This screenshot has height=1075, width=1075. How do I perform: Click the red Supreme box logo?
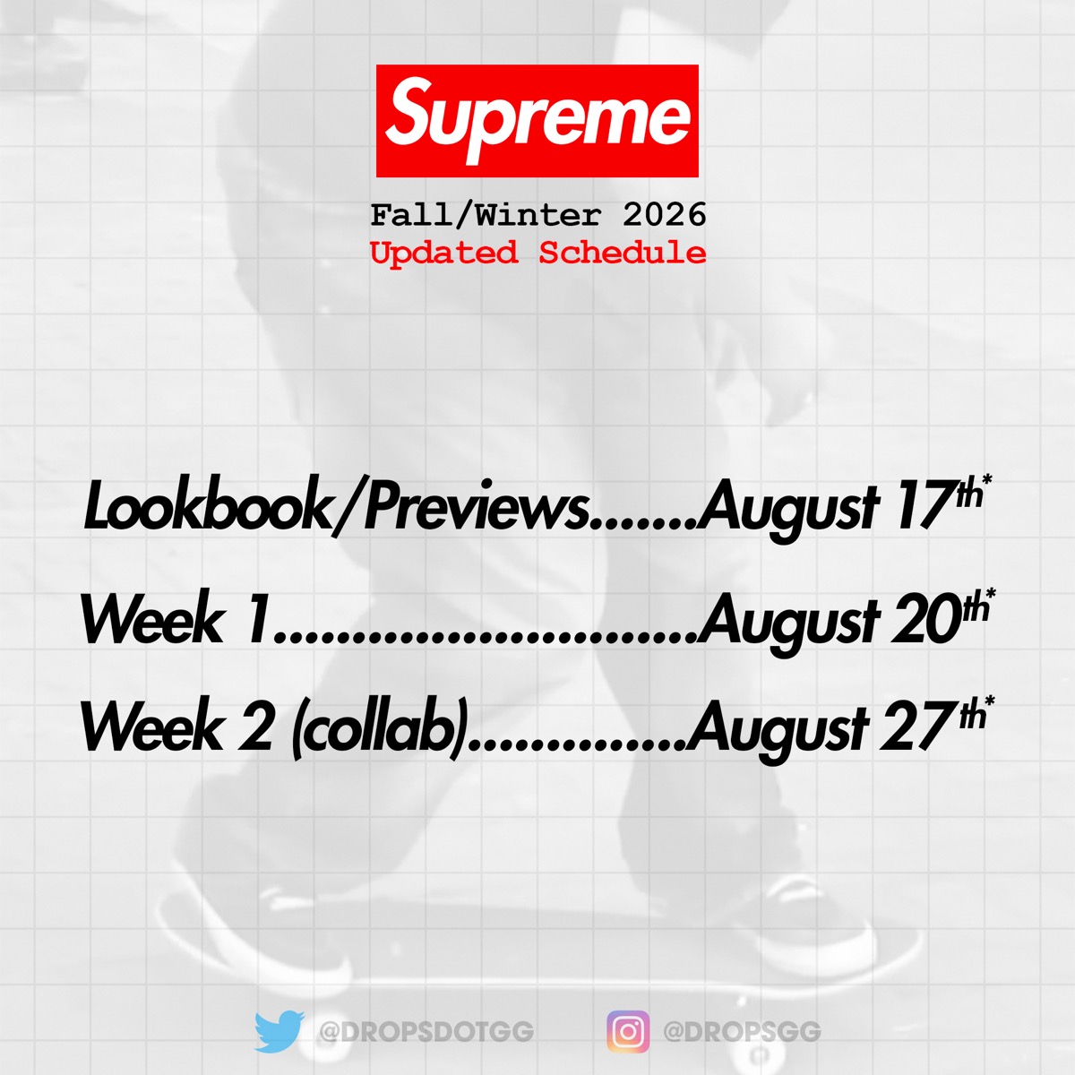pos(537,121)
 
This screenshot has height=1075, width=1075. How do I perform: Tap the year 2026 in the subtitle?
pos(665,215)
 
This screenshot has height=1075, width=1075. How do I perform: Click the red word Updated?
pos(444,254)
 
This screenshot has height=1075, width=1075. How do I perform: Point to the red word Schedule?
pos(623,253)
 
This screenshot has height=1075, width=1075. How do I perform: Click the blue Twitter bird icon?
pos(279,1031)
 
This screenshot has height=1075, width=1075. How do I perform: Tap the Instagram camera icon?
pos(628,1031)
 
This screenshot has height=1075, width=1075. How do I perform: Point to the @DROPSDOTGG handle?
pos(426,1032)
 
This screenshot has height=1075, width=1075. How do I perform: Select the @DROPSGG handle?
pos(742,1032)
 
